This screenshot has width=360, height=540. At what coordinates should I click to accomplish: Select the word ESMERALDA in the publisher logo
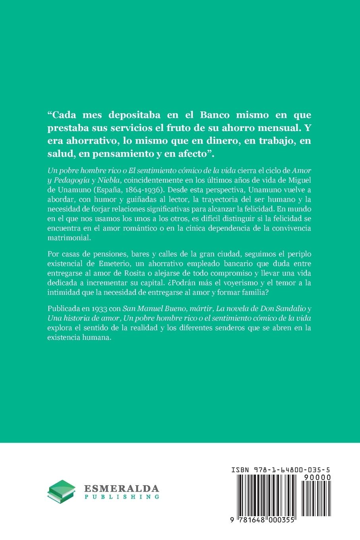121,489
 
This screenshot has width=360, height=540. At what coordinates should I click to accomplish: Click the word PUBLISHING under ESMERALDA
121,497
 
